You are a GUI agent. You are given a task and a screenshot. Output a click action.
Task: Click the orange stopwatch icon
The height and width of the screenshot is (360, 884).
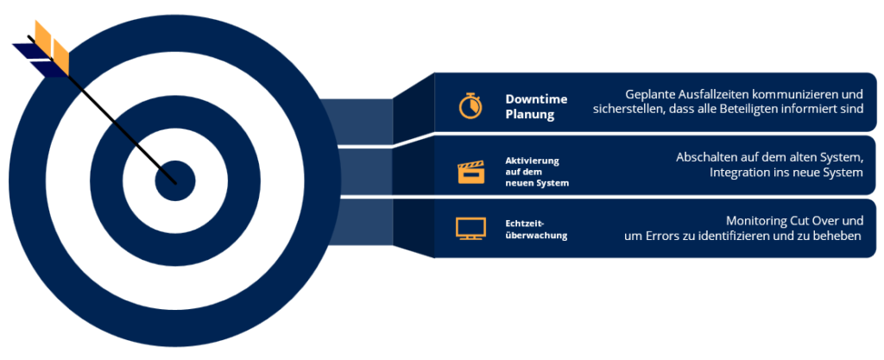[x=470, y=105]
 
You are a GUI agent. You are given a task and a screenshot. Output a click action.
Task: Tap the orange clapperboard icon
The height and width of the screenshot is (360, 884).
[x=470, y=172]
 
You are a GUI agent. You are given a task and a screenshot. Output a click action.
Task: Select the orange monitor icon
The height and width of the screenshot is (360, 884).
[x=470, y=228]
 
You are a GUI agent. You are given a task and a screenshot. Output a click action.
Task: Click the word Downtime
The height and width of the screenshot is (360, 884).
[x=536, y=99]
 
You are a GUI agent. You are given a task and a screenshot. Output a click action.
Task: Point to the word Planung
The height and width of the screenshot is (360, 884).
[x=530, y=115]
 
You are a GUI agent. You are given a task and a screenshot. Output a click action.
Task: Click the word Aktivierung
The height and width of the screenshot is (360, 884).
[x=532, y=161]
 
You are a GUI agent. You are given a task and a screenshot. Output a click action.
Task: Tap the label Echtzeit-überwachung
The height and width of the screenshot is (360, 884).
[x=536, y=230]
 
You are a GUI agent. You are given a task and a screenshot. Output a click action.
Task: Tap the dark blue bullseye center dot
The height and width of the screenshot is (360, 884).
[x=175, y=180]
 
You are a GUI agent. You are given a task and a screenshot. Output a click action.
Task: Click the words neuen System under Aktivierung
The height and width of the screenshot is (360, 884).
[x=537, y=183]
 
